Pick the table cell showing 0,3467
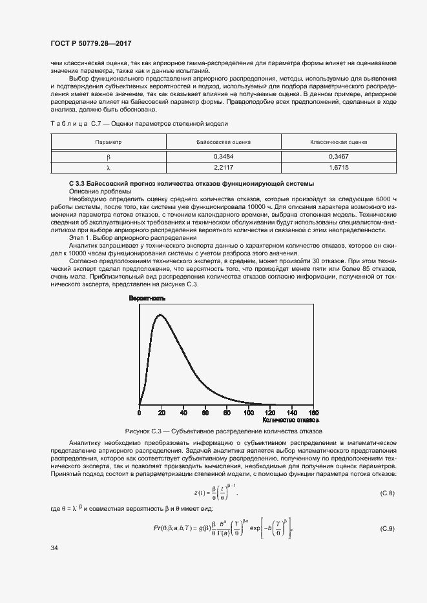click(338, 156)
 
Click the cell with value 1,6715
click(338, 168)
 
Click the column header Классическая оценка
click(338, 141)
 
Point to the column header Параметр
click(108, 141)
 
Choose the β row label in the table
click(108, 156)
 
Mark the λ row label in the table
click(108, 168)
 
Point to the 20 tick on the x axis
click(161, 412)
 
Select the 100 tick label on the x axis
click(249, 412)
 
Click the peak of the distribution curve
click(158, 314)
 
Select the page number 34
click(54, 548)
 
